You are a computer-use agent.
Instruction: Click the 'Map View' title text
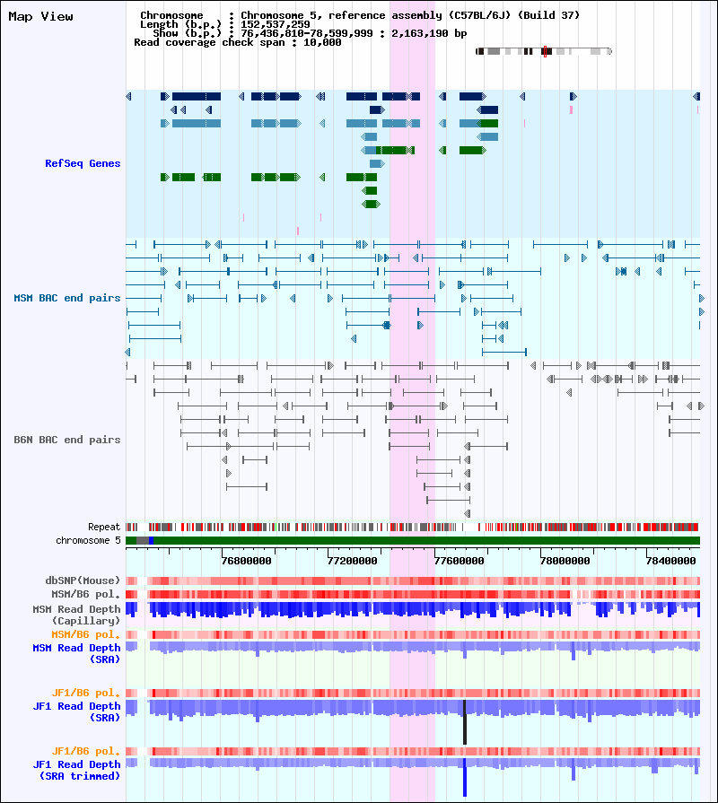(x=40, y=16)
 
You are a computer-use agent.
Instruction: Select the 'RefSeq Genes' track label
(x=83, y=163)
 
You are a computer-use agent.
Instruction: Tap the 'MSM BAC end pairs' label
(x=67, y=298)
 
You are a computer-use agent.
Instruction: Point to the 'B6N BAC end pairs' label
(x=67, y=440)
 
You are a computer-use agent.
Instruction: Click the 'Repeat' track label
(x=104, y=527)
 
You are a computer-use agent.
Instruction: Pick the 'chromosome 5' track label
(x=88, y=540)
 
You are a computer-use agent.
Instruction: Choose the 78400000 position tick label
(x=674, y=560)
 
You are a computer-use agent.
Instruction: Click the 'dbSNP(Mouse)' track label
(x=83, y=580)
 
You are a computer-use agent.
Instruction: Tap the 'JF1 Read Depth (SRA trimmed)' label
(x=77, y=769)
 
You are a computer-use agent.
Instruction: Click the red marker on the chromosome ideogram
(x=545, y=51)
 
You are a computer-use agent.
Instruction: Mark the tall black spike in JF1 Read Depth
(x=465, y=722)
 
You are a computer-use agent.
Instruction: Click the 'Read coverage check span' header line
(x=237, y=42)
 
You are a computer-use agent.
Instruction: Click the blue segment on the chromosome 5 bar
(x=151, y=540)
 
